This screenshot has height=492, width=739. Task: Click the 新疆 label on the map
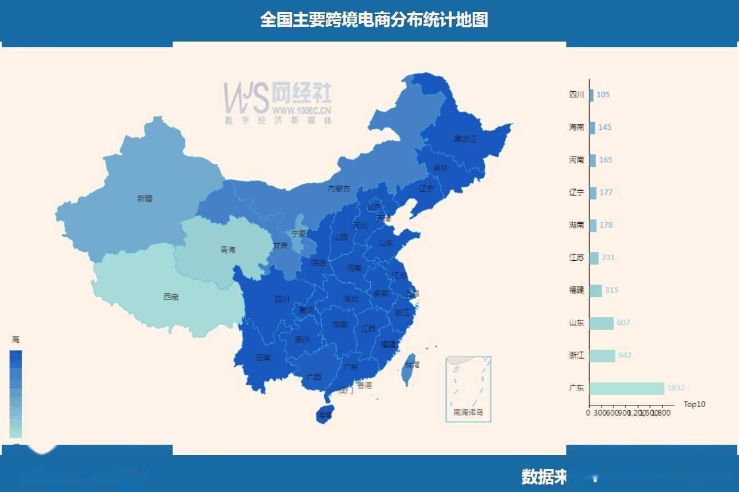[145, 199]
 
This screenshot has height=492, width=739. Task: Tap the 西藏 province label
[171, 297]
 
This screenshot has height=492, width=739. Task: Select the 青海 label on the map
[228, 250]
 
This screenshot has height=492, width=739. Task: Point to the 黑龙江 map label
[465, 139]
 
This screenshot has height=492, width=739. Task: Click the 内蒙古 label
[339, 188]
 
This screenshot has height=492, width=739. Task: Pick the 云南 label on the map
[263, 358]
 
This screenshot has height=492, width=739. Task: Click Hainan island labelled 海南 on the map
[325, 415]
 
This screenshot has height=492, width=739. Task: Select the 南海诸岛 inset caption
[468, 412]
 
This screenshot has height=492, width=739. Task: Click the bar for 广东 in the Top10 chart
[626, 388]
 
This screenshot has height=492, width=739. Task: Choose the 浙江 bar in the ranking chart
[602, 356]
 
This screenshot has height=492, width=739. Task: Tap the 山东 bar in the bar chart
[601, 323]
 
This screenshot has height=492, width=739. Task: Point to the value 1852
[676, 388]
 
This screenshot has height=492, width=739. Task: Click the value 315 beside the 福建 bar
[611, 290]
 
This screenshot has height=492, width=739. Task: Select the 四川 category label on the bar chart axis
[577, 95]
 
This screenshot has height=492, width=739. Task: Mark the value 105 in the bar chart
[603, 95]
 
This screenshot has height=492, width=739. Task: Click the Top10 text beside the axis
[694, 404]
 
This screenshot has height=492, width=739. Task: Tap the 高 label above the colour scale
[16, 339]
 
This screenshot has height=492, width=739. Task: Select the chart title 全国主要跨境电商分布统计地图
[374, 20]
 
